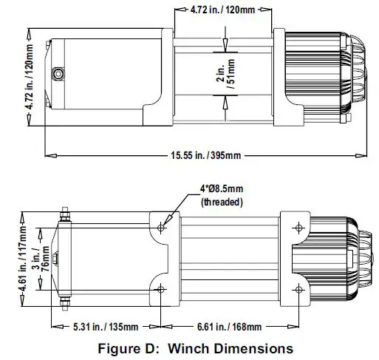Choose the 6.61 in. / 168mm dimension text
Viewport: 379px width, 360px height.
231,327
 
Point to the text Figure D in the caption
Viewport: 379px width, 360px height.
123,347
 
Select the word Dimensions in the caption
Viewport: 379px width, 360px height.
252,347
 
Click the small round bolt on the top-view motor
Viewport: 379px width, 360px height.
57,75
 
